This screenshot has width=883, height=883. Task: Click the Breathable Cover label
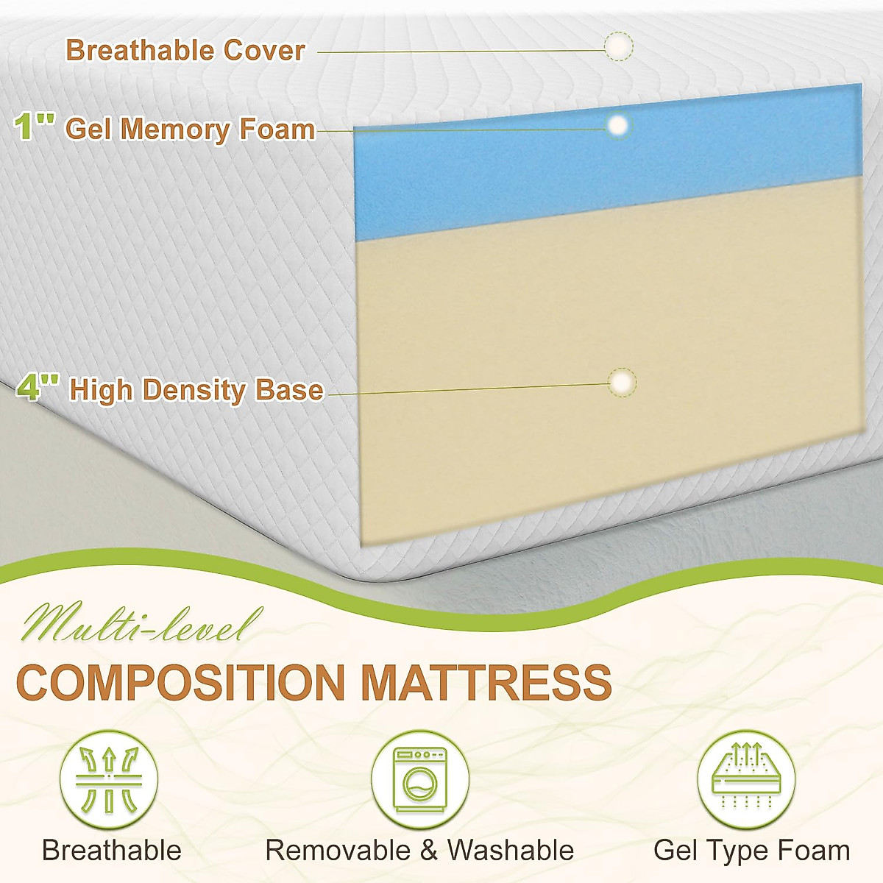pos(185,50)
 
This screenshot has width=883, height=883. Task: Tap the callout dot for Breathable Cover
pos(618,46)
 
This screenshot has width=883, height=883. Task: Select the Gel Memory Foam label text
pos(190,130)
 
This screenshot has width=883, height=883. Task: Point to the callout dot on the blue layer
pos(619,125)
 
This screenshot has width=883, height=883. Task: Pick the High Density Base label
pos(196,389)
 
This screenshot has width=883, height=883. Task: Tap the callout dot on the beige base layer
pos(623,382)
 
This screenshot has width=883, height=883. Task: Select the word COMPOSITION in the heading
pos(180,682)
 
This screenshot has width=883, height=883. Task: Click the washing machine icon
pos(419,780)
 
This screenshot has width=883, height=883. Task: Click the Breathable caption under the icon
pos(112,851)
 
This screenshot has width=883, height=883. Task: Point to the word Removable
pos(338,851)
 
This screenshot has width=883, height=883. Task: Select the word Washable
pos(510,851)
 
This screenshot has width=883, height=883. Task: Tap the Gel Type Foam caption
pos(751,851)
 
